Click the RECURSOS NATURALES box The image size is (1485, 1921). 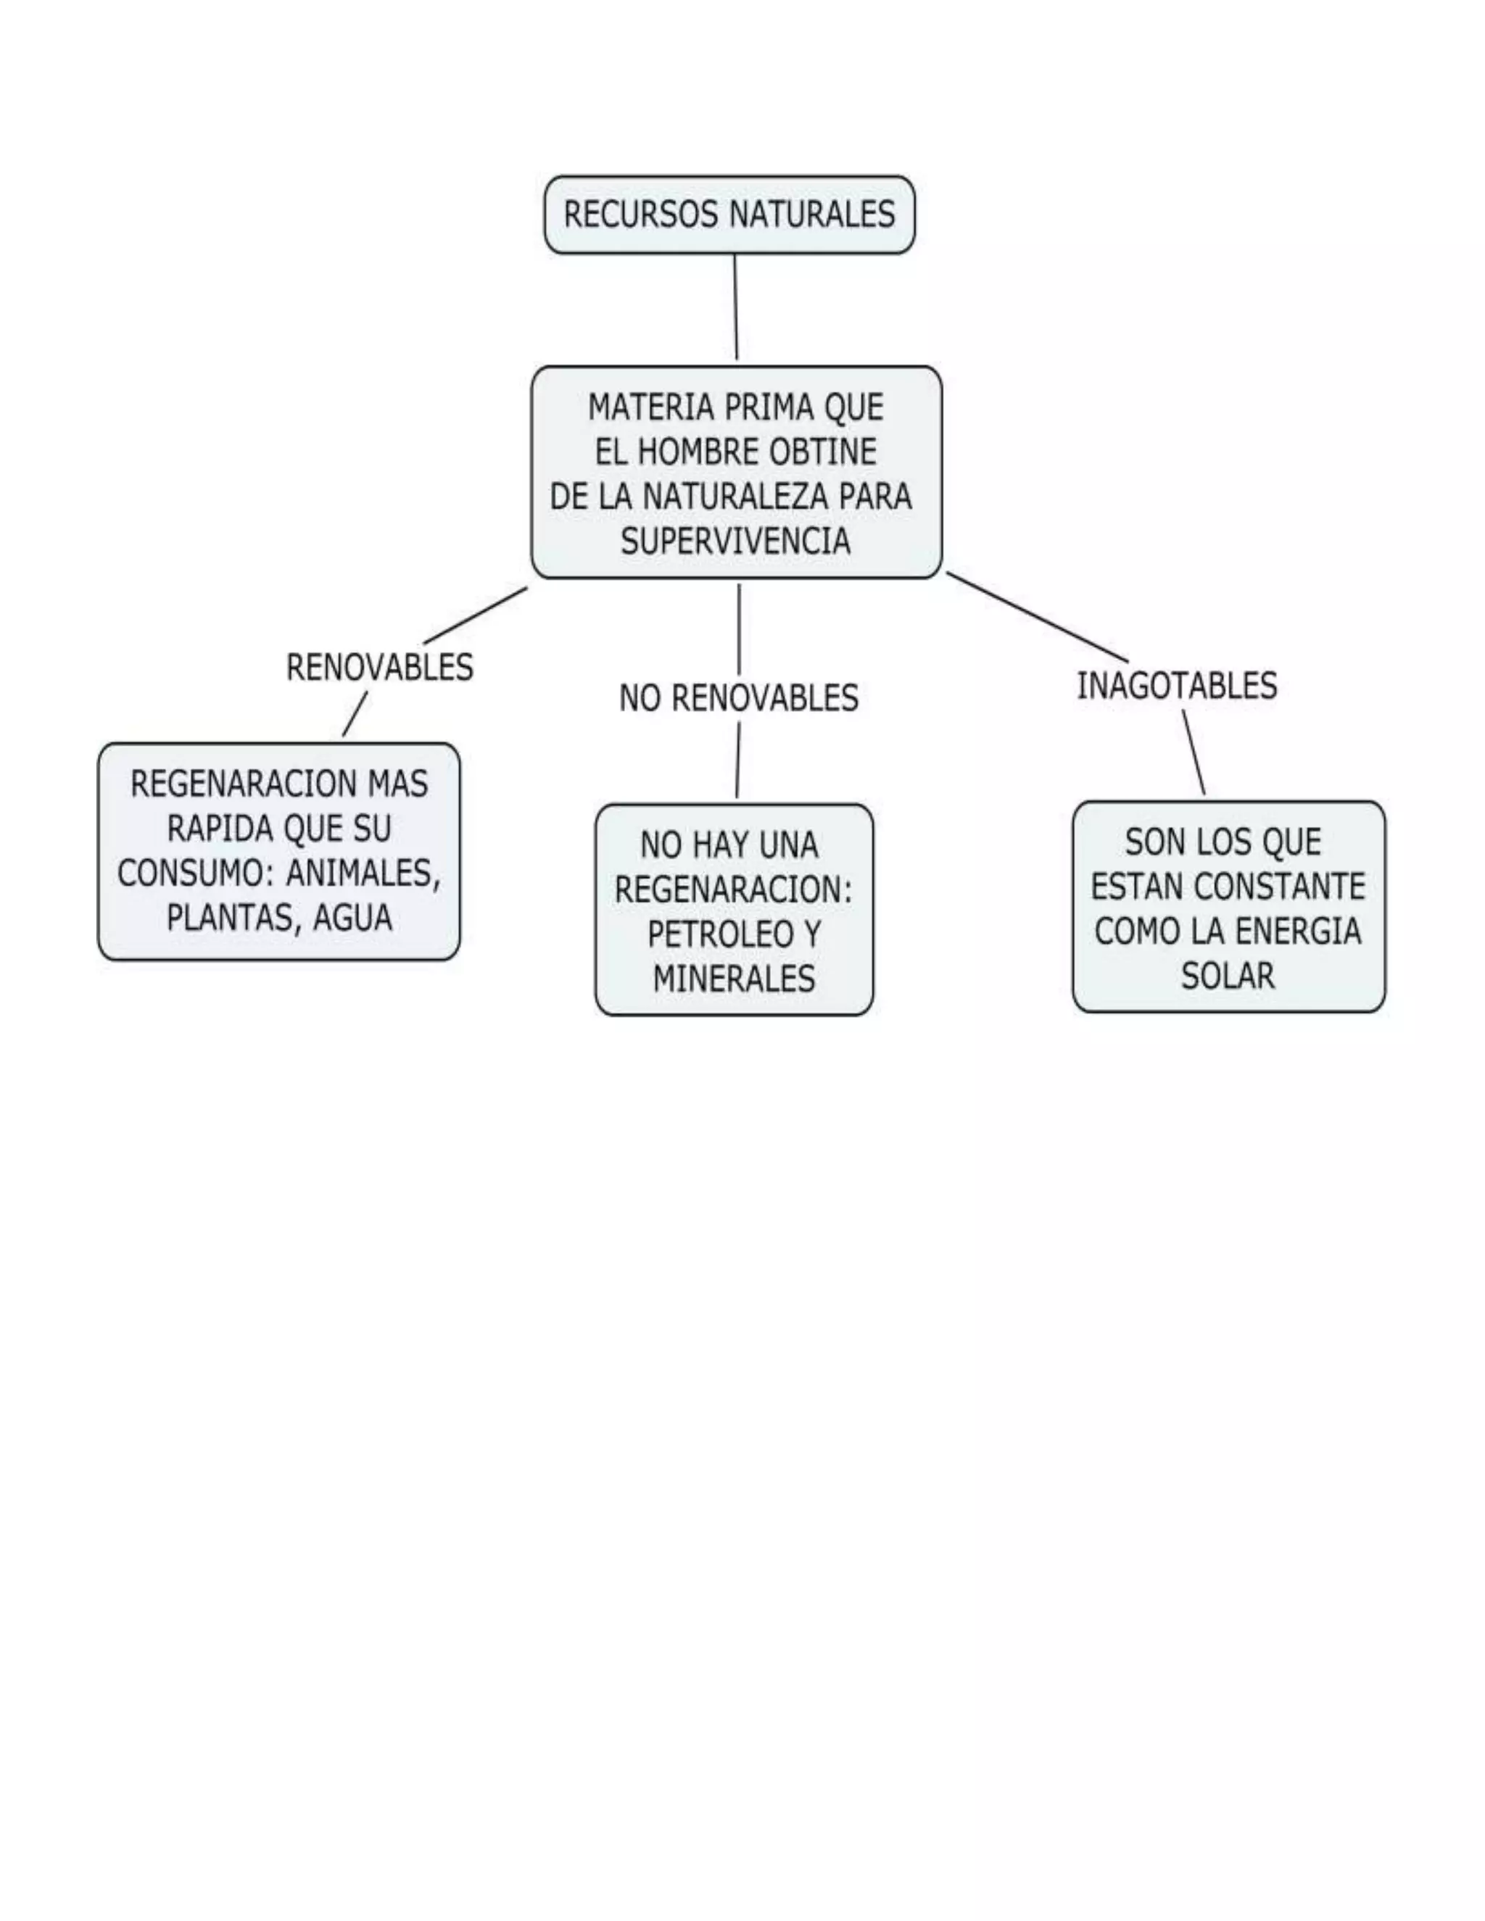(x=729, y=215)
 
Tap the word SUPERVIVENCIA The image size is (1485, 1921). (x=735, y=541)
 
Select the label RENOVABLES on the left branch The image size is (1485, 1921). (x=379, y=668)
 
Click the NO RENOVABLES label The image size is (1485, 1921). (x=738, y=698)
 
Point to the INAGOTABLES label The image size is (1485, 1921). (x=1176, y=686)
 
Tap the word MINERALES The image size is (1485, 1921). (x=734, y=979)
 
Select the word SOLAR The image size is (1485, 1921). (x=1228, y=976)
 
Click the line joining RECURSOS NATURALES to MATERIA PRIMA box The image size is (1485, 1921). (x=735, y=308)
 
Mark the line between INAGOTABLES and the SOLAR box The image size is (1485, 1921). (x=1194, y=753)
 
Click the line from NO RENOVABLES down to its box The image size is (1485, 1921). (x=737, y=761)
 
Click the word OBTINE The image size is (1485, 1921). (x=822, y=452)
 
